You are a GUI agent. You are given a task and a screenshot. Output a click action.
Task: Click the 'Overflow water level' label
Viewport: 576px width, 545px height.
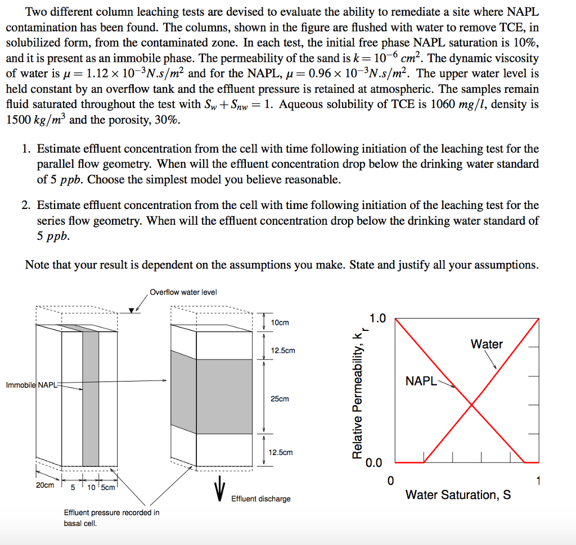click(183, 292)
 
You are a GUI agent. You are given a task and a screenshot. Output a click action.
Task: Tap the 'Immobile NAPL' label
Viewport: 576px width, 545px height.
click(31, 385)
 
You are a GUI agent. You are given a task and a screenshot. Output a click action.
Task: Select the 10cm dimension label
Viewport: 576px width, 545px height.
click(280, 323)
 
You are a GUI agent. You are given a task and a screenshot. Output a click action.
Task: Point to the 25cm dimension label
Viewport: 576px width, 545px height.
click(280, 399)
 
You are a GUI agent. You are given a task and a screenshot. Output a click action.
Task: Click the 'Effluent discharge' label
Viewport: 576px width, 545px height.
click(261, 499)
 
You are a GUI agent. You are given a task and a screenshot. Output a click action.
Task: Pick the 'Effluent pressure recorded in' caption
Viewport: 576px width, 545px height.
click(111, 512)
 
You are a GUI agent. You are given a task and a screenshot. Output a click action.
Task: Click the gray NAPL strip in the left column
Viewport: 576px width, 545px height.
click(91, 399)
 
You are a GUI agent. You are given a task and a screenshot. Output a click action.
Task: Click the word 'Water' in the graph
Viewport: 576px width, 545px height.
click(487, 344)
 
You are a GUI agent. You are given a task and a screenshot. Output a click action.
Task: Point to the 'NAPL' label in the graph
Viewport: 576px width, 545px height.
click(421, 382)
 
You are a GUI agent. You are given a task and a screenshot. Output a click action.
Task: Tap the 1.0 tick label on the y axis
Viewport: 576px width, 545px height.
click(378, 319)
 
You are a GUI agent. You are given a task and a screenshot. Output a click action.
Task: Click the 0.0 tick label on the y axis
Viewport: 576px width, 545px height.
click(373, 464)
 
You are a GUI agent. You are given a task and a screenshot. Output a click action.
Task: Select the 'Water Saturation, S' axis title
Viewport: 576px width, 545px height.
click(458, 495)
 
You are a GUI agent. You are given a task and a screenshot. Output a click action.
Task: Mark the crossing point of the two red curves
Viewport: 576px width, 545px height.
click(471, 405)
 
